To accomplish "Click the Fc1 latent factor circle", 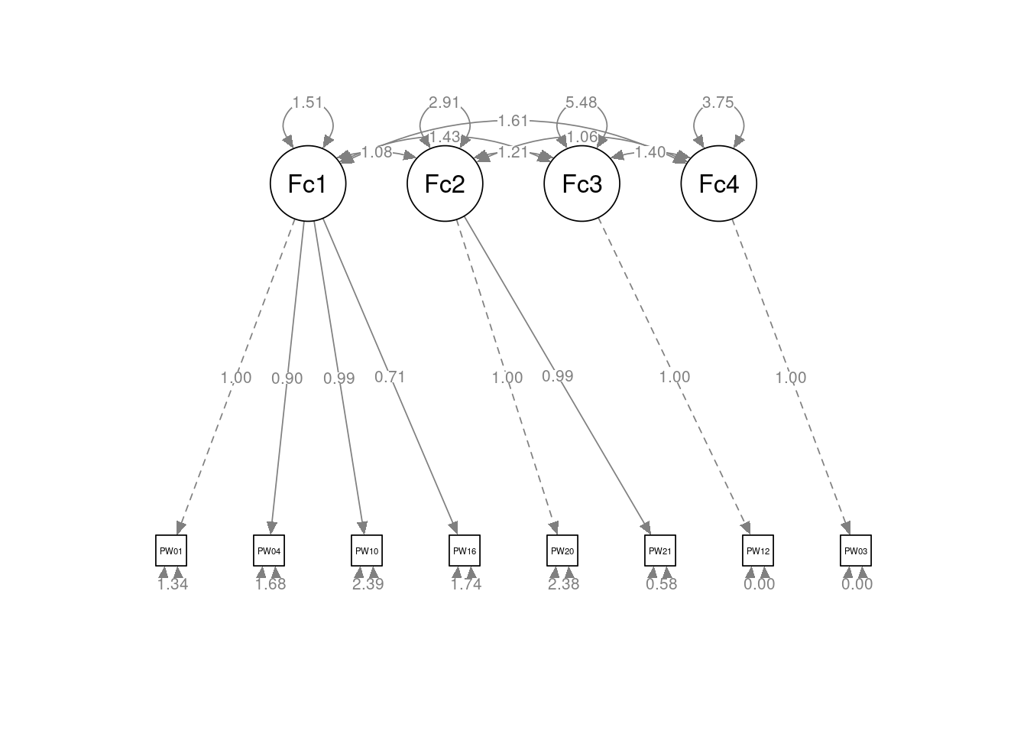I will (308, 183).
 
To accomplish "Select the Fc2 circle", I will (445, 183).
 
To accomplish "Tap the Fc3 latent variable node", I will (582, 183).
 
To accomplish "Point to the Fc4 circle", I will (718, 183).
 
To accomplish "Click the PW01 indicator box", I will (171, 550).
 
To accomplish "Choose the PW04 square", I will (269, 550).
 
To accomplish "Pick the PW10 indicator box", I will (367, 550).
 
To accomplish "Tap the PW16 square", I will (465, 550).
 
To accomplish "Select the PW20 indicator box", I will (562, 550).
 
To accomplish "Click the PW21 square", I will (660, 550).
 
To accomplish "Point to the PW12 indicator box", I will (758, 550).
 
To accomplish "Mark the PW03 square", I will (856, 550).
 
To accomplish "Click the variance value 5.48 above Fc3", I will (582, 102).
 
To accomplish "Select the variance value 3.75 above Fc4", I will (718, 102).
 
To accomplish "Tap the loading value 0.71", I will (390, 376).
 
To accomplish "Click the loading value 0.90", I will (287, 378).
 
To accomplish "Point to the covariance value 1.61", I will (513, 121).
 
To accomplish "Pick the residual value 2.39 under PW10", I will (368, 584).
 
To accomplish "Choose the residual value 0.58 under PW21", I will (662, 584).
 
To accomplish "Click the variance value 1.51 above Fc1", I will (308, 102).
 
